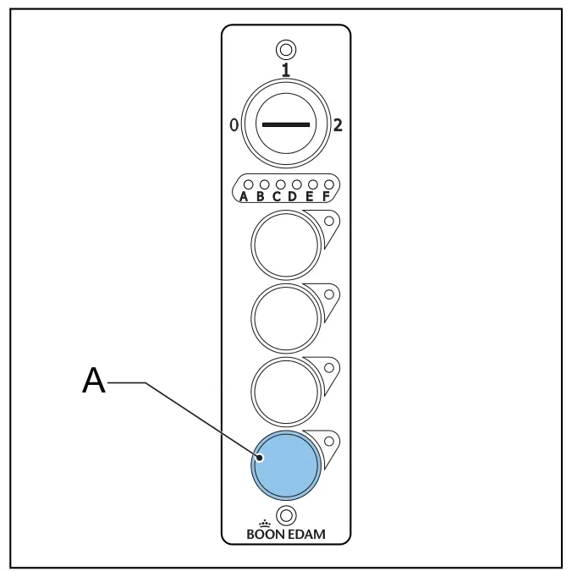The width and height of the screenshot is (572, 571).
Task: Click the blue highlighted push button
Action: click(x=286, y=465)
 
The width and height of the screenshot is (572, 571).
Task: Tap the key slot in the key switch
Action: click(x=286, y=124)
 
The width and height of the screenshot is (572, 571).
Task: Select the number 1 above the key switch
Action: click(x=286, y=70)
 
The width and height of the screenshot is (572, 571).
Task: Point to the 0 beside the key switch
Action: click(x=234, y=125)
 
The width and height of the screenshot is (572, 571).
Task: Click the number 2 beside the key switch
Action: click(x=338, y=125)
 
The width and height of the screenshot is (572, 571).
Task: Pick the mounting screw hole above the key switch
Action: click(x=286, y=50)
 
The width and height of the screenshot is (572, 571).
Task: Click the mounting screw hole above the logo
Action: click(x=286, y=515)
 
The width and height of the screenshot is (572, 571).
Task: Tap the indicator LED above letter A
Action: click(x=249, y=184)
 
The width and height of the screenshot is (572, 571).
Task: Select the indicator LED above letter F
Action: click(x=328, y=184)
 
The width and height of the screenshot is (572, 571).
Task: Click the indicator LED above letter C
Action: click(x=281, y=184)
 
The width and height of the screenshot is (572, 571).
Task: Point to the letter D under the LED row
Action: click(x=293, y=196)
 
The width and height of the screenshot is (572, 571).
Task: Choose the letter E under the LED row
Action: click(x=310, y=196)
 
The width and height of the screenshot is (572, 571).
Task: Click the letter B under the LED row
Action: click(x=260, y=196)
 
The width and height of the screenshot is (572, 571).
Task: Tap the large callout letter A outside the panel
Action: click(x=94, y=380)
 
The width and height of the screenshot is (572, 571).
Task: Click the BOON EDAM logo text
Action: click(x=286, y=534)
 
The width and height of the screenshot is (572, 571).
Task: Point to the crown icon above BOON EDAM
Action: click(x=265, y=524)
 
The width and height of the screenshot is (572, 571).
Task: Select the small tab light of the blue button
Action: click(x=328, y=442)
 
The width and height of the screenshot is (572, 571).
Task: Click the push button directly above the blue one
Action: click(x=286, y=392)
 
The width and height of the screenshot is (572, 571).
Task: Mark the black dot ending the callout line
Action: click(x=260, y=458)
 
